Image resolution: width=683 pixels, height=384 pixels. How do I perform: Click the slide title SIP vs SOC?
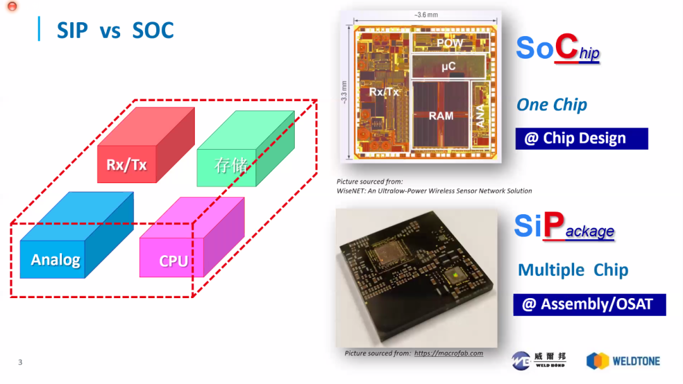(115, 30)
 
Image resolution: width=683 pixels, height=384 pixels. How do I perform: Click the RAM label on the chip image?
(441, 116)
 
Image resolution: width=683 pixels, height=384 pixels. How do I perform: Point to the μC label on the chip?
(448, 66)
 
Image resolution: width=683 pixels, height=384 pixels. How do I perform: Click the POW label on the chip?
(450, 44)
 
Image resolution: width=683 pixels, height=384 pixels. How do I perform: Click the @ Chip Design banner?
(581, 139)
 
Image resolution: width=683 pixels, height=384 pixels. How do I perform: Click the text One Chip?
(551, 105)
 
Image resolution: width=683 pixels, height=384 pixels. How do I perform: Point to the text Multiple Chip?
(573, 270)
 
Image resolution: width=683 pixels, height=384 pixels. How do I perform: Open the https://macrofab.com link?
(448, 353)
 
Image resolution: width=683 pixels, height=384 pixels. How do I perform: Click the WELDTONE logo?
(623, 361)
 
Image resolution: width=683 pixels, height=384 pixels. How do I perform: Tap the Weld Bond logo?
(539, 360)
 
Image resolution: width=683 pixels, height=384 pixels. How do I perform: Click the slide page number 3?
(20, 363)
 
